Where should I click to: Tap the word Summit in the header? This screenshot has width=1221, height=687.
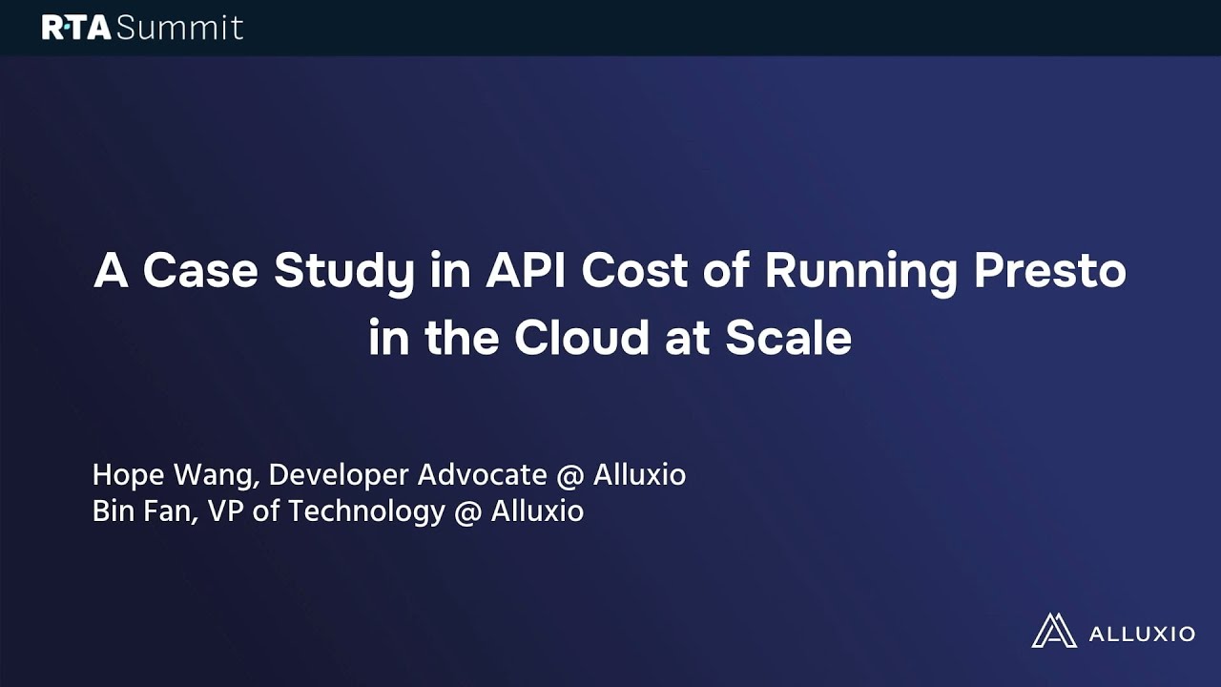click(x=180, y=28)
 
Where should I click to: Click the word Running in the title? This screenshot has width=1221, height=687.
click(x=861, y=273)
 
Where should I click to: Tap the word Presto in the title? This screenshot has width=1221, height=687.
click(x=1049, y=271)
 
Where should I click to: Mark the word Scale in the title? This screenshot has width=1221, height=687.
click(x=788, y=338)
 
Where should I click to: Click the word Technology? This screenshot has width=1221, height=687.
click(x=366, y=512)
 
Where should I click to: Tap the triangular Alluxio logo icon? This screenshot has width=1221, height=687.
click(x=1052, y=631)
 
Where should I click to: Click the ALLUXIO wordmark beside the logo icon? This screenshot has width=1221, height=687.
click(x=1140, y=633)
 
